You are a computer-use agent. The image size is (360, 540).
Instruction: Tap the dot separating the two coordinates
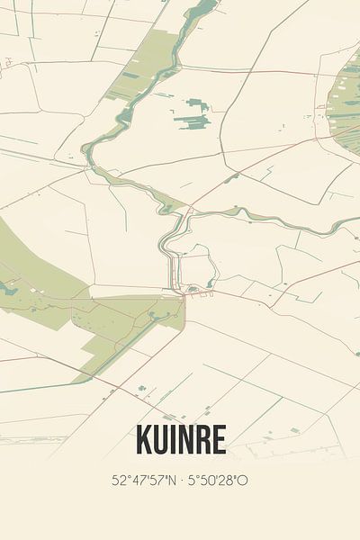point(182,481)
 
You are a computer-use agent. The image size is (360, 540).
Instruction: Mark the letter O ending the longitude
point(243,481)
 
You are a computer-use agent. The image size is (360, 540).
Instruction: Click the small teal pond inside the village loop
point(210,281)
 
